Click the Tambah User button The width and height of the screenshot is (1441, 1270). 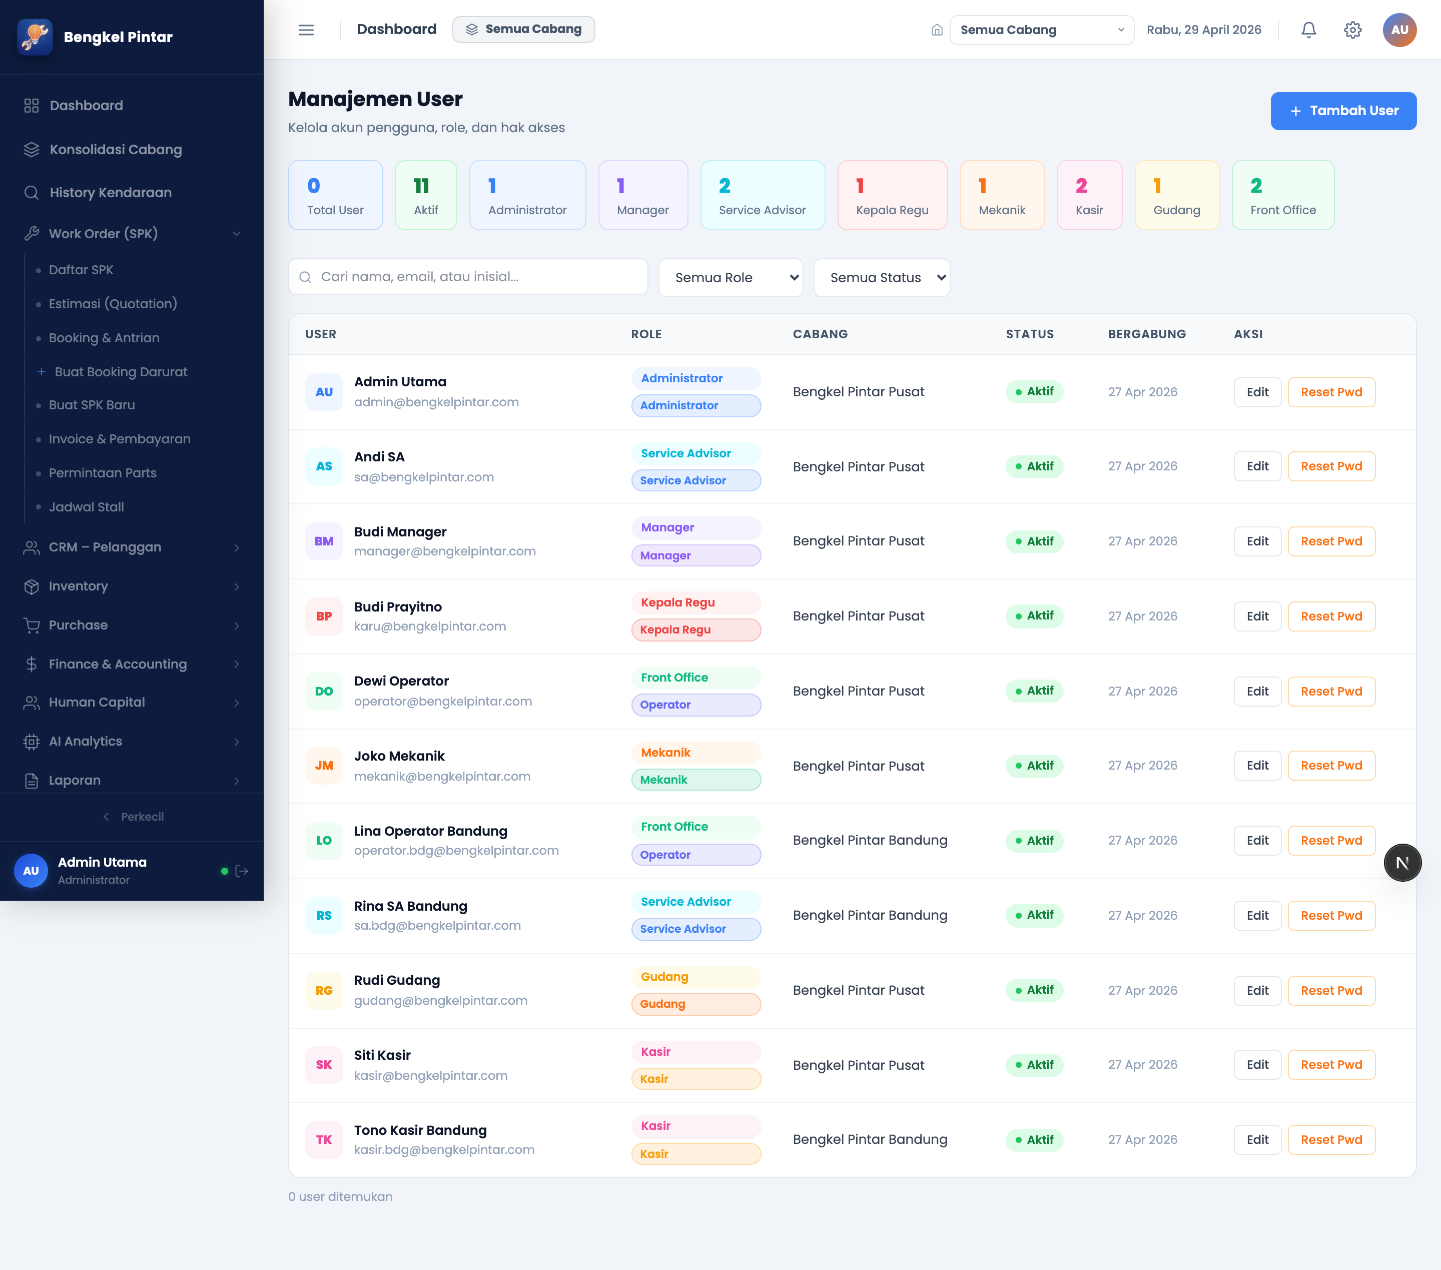1343,111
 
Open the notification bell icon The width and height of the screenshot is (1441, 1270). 1308,30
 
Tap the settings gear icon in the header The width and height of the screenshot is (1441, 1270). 1352,30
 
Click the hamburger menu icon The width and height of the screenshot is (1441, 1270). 306,30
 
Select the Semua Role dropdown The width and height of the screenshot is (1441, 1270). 731,278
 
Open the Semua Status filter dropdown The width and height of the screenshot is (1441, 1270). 881,278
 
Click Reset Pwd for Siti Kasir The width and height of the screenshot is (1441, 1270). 1331,1065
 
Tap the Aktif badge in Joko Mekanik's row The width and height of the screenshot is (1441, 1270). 1034,766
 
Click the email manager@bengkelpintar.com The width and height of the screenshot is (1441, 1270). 445,551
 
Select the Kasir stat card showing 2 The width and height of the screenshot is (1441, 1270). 1089,195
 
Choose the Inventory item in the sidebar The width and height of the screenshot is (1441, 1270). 78,586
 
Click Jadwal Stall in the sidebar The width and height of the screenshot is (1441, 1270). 86,507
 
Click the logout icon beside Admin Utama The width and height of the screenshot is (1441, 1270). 242,871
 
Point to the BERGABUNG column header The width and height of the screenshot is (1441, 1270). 1146,334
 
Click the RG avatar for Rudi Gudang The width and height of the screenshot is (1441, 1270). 324,991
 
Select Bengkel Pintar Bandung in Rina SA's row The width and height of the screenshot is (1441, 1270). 870,915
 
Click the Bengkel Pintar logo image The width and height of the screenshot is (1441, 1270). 35,37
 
